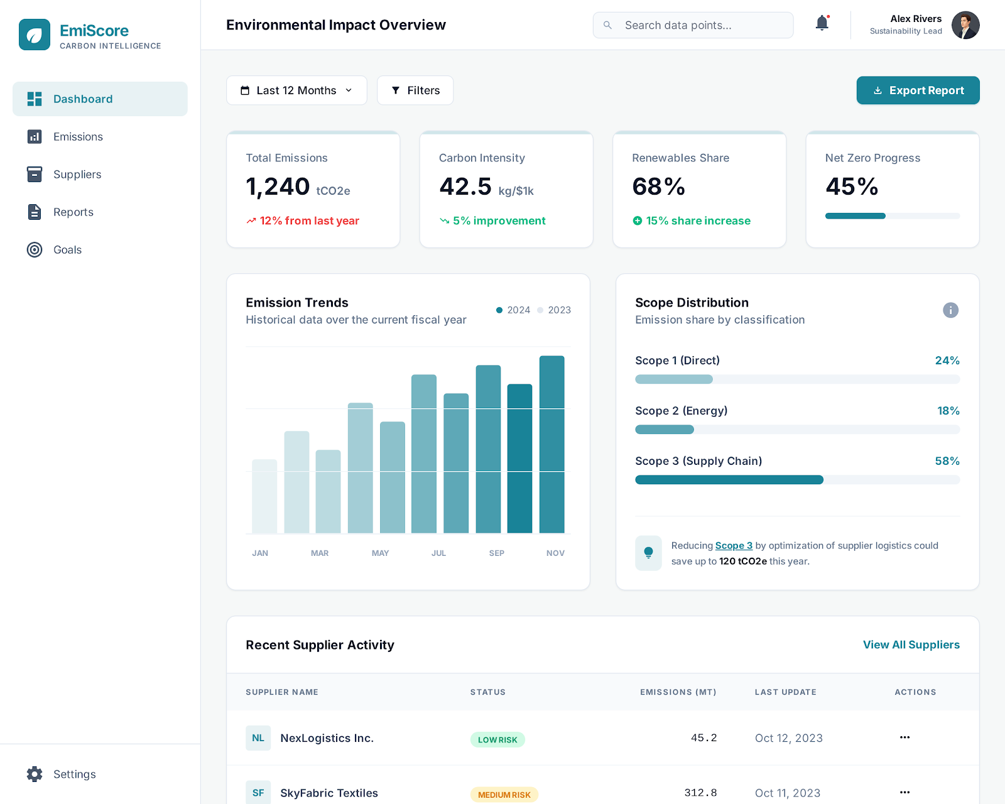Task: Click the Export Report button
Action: click(x=918, y=90)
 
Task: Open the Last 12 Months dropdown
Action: click(x=296, y=90)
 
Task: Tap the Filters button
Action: click(x=415, y=90)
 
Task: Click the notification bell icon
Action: click(x=822, y=24)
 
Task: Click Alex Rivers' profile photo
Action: click(x=965, y=25)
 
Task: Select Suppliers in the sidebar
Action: click(x=77, y=175)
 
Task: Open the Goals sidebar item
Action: click(x=67, y=250)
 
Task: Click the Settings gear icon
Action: click(x=35, y=774)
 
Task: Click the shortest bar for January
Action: click(x=264, y=496)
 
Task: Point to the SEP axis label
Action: click(x=496, y=553)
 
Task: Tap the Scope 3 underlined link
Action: click(x=734, y=546)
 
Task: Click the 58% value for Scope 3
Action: click(x=947, y=461)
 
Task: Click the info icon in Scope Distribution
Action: click(x=950, y=310)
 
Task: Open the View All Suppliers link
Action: click(x=911, y=645)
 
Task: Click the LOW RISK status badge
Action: click(x=497, y=740)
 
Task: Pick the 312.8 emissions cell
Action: click(x=700, y=793)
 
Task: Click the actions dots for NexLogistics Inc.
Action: click(x=905, y=737)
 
